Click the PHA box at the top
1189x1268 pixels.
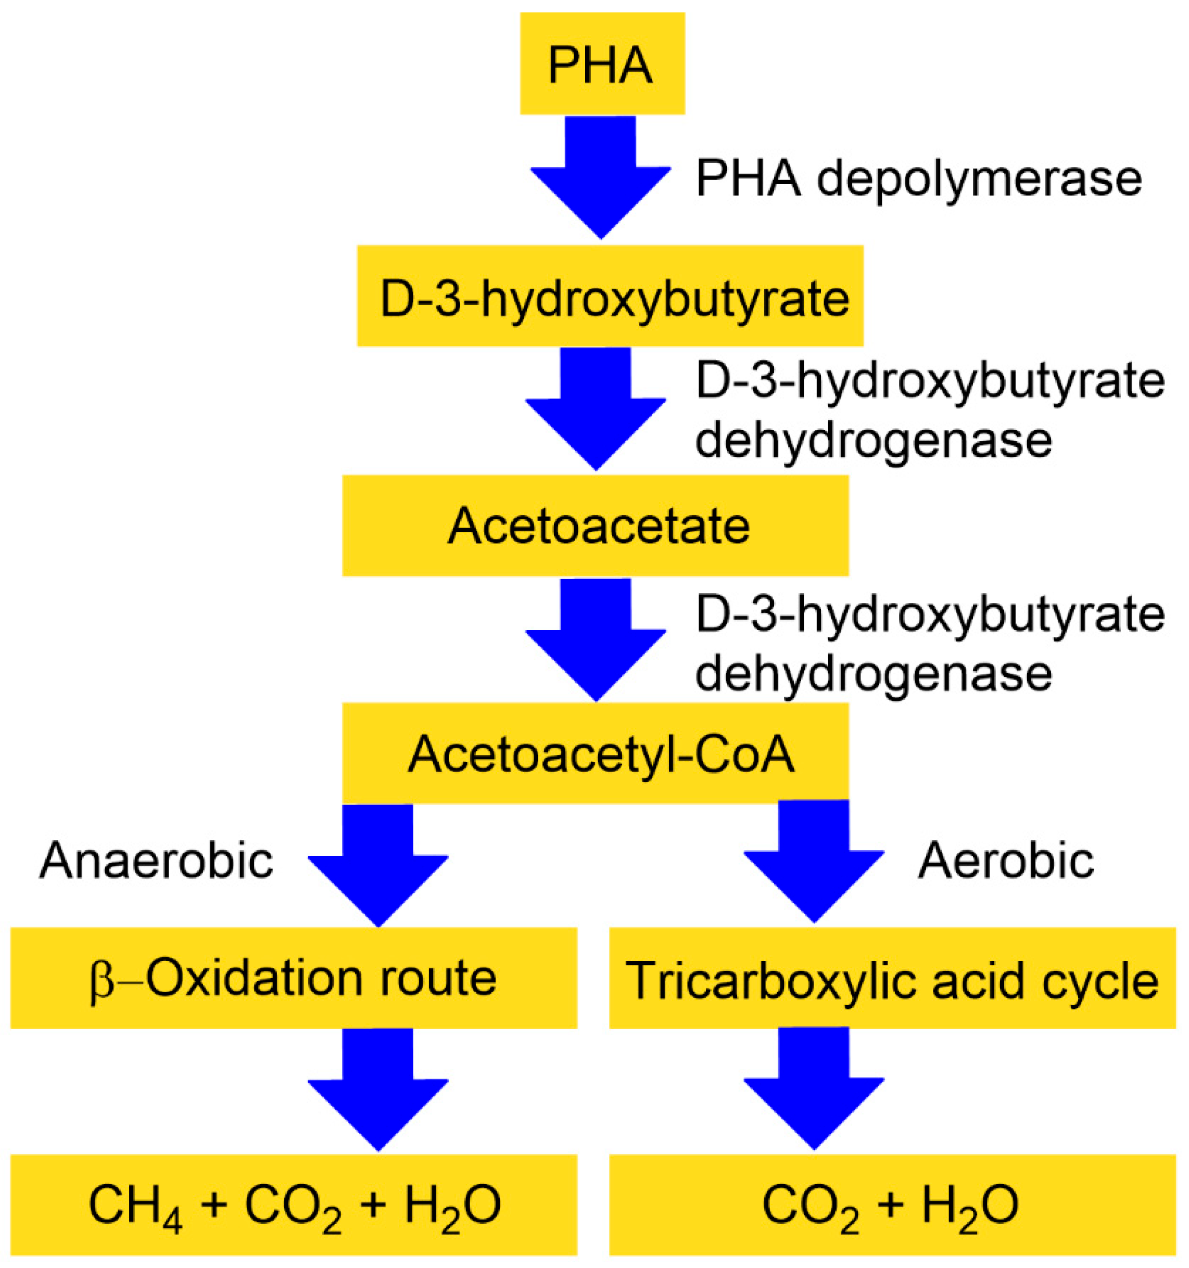click(602, 64)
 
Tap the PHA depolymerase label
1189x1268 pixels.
click(918, 178)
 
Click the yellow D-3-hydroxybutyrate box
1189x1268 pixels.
click(610, 296)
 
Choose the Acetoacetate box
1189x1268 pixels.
click(595, 526)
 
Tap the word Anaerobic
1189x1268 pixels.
click(156, 861)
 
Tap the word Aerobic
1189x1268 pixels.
click(1006, 861)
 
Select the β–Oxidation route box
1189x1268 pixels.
click(294, 978)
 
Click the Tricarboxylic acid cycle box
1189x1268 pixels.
click(892, 978)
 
